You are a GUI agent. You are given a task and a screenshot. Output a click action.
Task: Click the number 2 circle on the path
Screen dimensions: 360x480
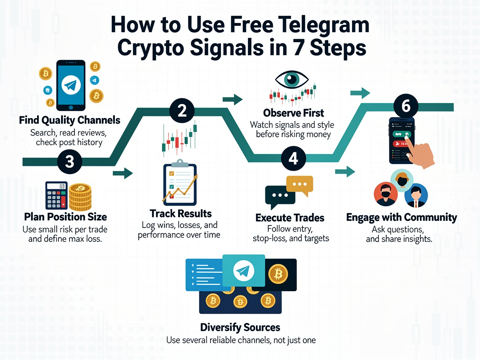click(x=182, y=111)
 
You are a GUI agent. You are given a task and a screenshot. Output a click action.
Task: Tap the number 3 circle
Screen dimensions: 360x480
click(x=69, y=162)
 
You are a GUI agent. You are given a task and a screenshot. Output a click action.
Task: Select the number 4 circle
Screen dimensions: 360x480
click(x=293, y=159)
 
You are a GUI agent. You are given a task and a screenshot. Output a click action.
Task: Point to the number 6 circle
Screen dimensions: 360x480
click(x=406, y=106)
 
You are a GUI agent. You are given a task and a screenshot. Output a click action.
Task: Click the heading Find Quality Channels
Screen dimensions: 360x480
click(x=69, y=120)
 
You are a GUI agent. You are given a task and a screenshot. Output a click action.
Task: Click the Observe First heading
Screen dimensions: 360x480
click(x=293, y=113)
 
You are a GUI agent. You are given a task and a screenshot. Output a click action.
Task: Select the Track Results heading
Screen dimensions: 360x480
click(x=180, y=214)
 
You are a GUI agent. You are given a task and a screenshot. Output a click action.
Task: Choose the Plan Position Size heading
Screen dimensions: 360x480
click(x=65, y=217)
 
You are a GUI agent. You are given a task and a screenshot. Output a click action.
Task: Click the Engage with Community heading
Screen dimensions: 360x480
click(x=401, y=217)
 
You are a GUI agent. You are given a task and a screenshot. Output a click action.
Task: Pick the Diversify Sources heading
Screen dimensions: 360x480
click(x=240, y=327)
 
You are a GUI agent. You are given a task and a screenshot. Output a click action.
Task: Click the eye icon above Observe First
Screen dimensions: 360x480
click(x=293, y=79)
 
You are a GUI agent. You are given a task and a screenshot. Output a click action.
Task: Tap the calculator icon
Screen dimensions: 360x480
click(x=56, y=196)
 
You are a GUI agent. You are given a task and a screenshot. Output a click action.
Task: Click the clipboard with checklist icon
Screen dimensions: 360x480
click(x=180, y=184)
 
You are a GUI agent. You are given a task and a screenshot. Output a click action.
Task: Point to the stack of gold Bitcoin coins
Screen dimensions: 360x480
click(x=80, y=197)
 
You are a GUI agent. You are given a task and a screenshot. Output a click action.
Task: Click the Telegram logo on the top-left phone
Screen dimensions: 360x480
click(x=70, y=84)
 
